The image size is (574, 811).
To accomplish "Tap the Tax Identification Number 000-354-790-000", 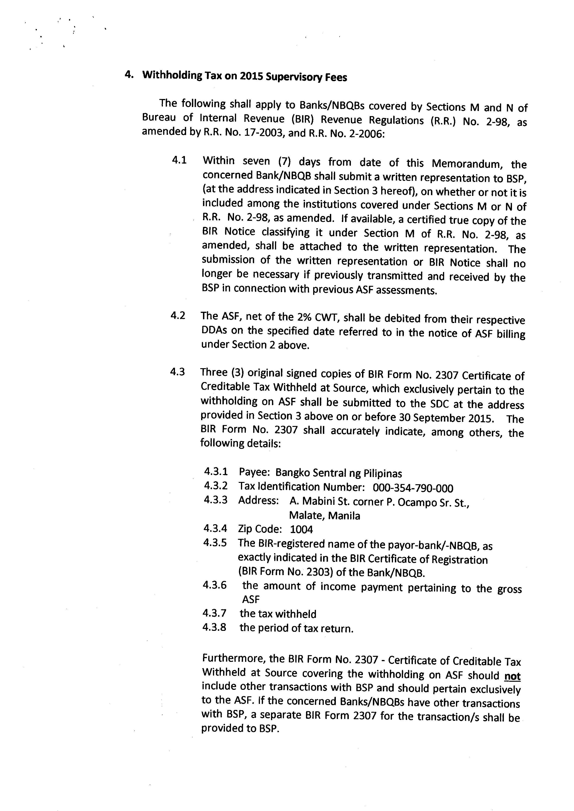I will point(413,488).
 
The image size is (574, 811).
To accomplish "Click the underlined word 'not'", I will point(512,676).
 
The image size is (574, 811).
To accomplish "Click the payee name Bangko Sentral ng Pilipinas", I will point(339,473).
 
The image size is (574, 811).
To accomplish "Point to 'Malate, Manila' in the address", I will point(324,516).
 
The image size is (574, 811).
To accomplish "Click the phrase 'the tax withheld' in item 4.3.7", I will point(278,614).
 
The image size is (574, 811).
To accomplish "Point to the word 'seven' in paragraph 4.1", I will point(256,161).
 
